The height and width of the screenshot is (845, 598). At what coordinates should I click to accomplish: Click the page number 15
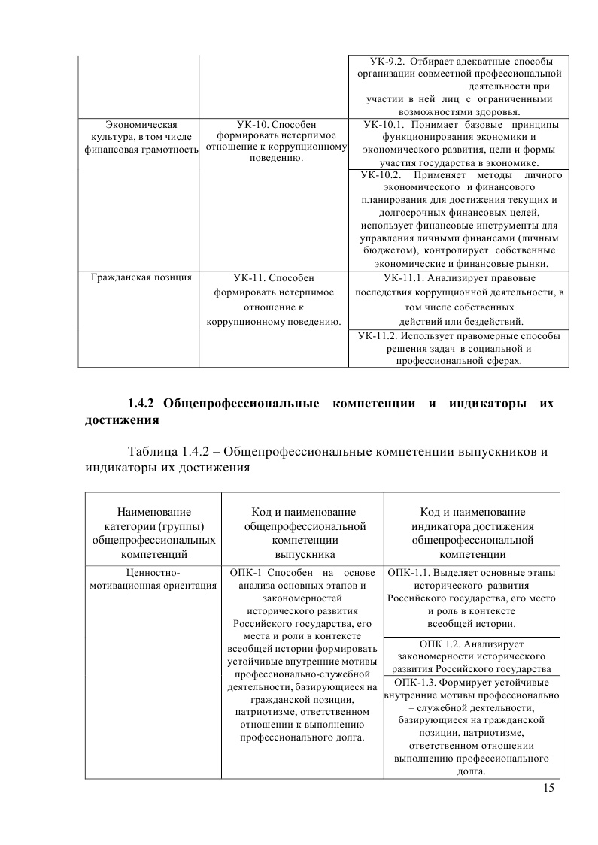pyautogui.click(x=548, y=788)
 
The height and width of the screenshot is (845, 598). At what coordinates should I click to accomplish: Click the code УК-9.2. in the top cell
pyautogui.click(x=388, y=61)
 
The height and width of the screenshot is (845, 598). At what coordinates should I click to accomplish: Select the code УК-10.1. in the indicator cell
pyautogui.click(x=384, y=124)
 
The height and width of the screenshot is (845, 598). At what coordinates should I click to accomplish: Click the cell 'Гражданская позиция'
pyautogui.click(x=140, y=277)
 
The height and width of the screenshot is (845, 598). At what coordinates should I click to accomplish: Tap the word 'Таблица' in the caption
pyautogui.click(x=153, y=452)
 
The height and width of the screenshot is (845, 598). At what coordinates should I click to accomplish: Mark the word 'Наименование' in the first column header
pyautogui.click(x=153, y=512)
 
